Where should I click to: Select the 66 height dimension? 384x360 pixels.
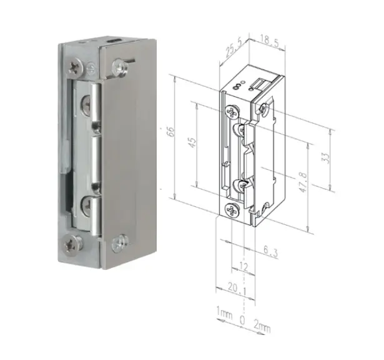coord(171,132)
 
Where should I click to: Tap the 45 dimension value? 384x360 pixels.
coord(192,142)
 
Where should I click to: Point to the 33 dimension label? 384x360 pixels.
coord(326,158)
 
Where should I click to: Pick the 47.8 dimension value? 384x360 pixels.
coord(303,182)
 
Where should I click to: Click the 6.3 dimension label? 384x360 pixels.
coord(271,251)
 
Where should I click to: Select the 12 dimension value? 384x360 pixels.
coord(243,267)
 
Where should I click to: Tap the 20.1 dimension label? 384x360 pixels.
coord(237,287)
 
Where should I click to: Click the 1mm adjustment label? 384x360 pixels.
coord(224,313)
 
